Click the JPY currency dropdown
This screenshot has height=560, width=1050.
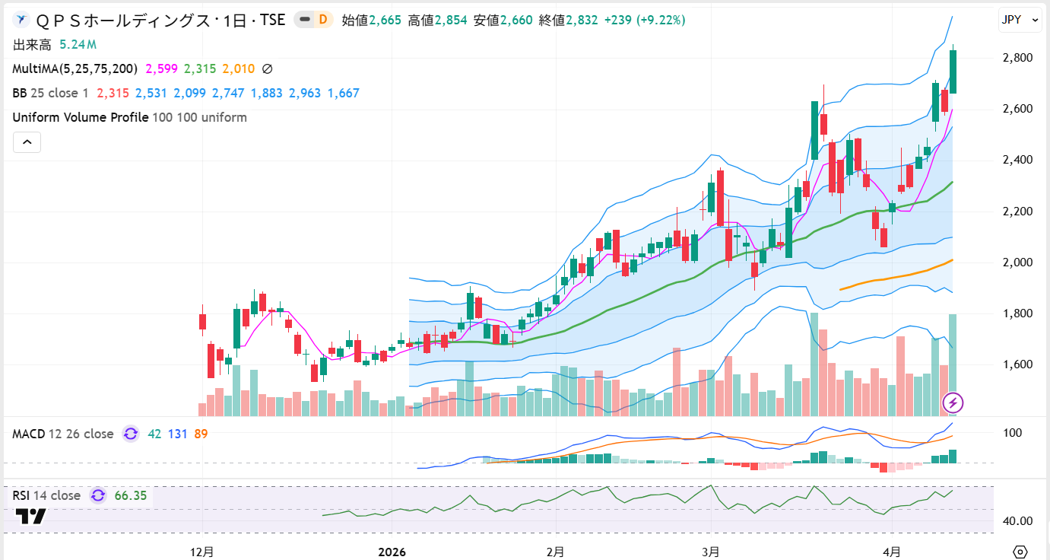[1020, 21]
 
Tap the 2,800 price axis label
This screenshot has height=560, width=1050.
[1017, 58]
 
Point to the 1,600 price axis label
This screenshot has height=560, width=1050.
[1017, 364]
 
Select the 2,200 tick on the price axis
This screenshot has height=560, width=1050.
[1017, 211]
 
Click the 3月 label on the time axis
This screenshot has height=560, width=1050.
[710, 551]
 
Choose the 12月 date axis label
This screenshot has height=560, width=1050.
[202, 551]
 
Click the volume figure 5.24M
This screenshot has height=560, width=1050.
[79, 45]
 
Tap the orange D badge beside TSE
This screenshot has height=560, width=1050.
[323, 21]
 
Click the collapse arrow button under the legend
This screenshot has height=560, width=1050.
[27, 142]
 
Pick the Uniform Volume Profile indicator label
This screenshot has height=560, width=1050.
[81, 117]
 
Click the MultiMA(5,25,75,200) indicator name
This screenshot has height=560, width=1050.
[75, 69]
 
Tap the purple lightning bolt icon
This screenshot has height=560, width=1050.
[953, 402]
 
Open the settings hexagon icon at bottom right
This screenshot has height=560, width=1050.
[1020, 551]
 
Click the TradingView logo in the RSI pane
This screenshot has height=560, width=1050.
[31, 517]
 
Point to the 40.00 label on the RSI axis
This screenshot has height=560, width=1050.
[1017, 521]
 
